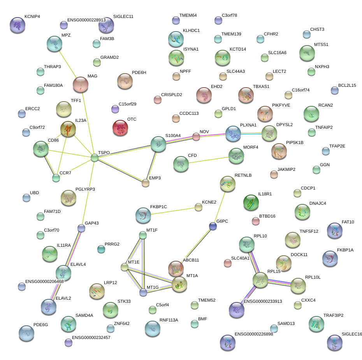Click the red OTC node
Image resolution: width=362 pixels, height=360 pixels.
120,128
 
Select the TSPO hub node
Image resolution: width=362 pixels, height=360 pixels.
95,158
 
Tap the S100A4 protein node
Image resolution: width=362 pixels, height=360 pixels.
158,144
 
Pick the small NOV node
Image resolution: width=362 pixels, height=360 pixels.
196,137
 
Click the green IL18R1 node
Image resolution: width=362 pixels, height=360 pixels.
251,202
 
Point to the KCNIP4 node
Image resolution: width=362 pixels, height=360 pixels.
18,25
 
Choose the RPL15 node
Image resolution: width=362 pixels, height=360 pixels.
260,280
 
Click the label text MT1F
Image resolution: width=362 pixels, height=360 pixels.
152,230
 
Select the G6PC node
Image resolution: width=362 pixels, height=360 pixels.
213,226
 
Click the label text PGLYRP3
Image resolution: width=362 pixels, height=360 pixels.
85,189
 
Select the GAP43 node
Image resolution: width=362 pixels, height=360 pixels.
81,228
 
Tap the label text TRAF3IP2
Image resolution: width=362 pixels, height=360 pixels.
333,315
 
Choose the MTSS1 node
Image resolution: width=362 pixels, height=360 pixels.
307,53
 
